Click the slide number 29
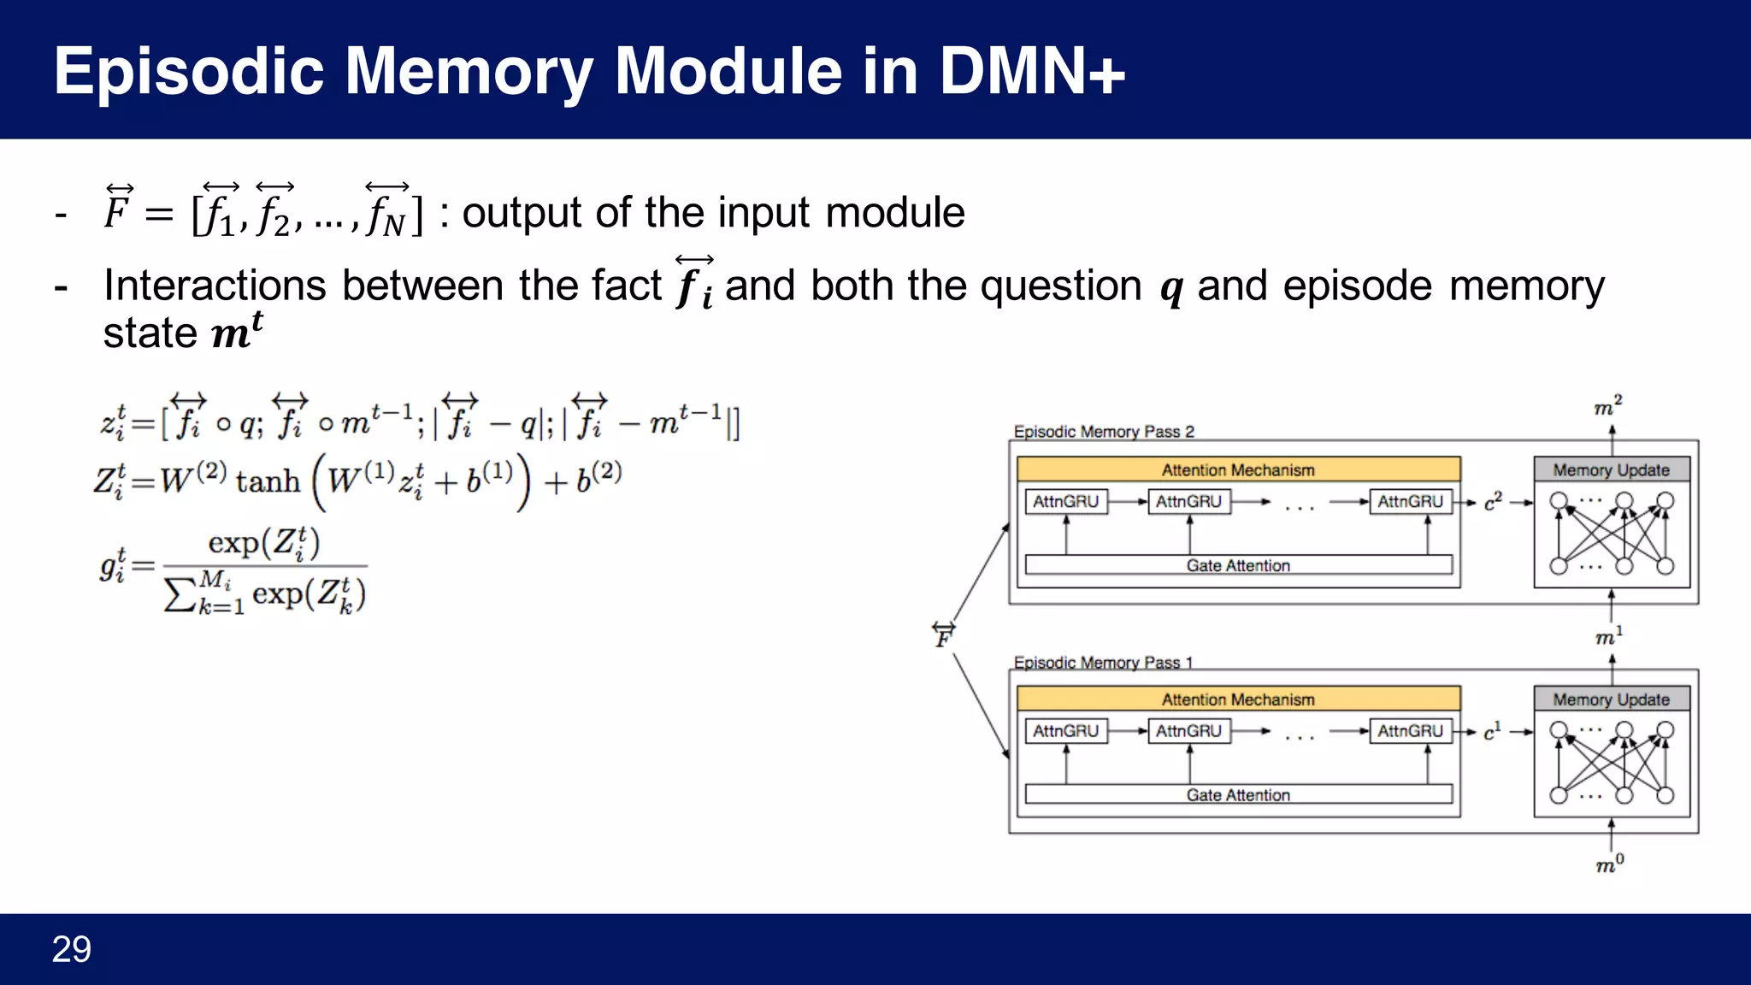[71, 949]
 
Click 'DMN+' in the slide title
[1032, 71]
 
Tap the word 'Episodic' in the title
[189, 71]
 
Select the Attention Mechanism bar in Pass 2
[1238, 469]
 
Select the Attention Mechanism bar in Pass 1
[1238, 699]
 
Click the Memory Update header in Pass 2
[1611, 469]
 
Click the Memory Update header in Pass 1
[1611, 699]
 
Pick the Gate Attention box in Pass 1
[1238, 794]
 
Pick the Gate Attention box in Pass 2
[1238, 565]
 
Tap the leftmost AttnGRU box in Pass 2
[1065, 501]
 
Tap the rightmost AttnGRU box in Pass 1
[1410, 731]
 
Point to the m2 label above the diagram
[1607, 406]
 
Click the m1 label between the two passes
[1608, 636]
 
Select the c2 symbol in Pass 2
[1493, 502]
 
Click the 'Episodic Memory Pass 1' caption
[1103, 662]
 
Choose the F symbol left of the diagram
[943, 635]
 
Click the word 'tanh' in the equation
[268, 481]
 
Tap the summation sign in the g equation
[180, 595]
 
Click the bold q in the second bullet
[1171, 288]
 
